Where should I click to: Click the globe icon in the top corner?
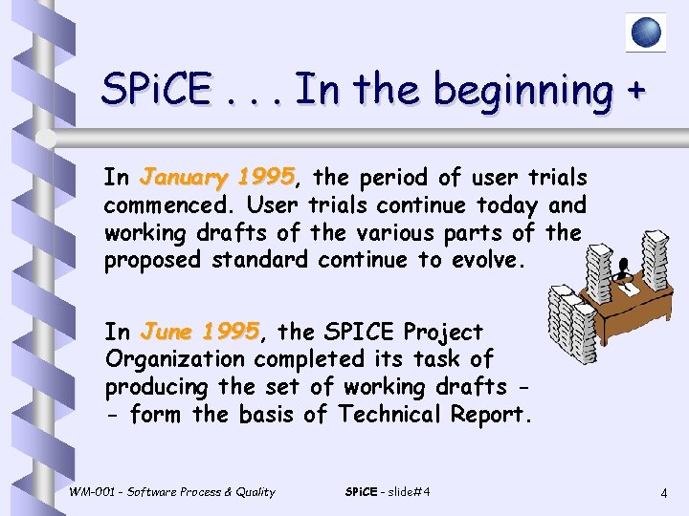(x=646, y=32)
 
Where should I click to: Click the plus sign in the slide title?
(x=633, y=91)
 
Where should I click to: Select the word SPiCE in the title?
(x=158, y=91)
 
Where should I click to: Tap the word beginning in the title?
(x=521, y=91)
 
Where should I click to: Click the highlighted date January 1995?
(x=216, y=178)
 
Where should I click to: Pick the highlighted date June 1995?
(x=199, y=332)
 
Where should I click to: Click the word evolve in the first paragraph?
(x=488, y=260)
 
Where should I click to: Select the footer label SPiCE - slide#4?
(x=387, y=492)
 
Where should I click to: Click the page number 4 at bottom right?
(x=663, y=494)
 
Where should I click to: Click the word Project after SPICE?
(x=444, y=332)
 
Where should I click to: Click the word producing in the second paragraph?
(x=158, y=387)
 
